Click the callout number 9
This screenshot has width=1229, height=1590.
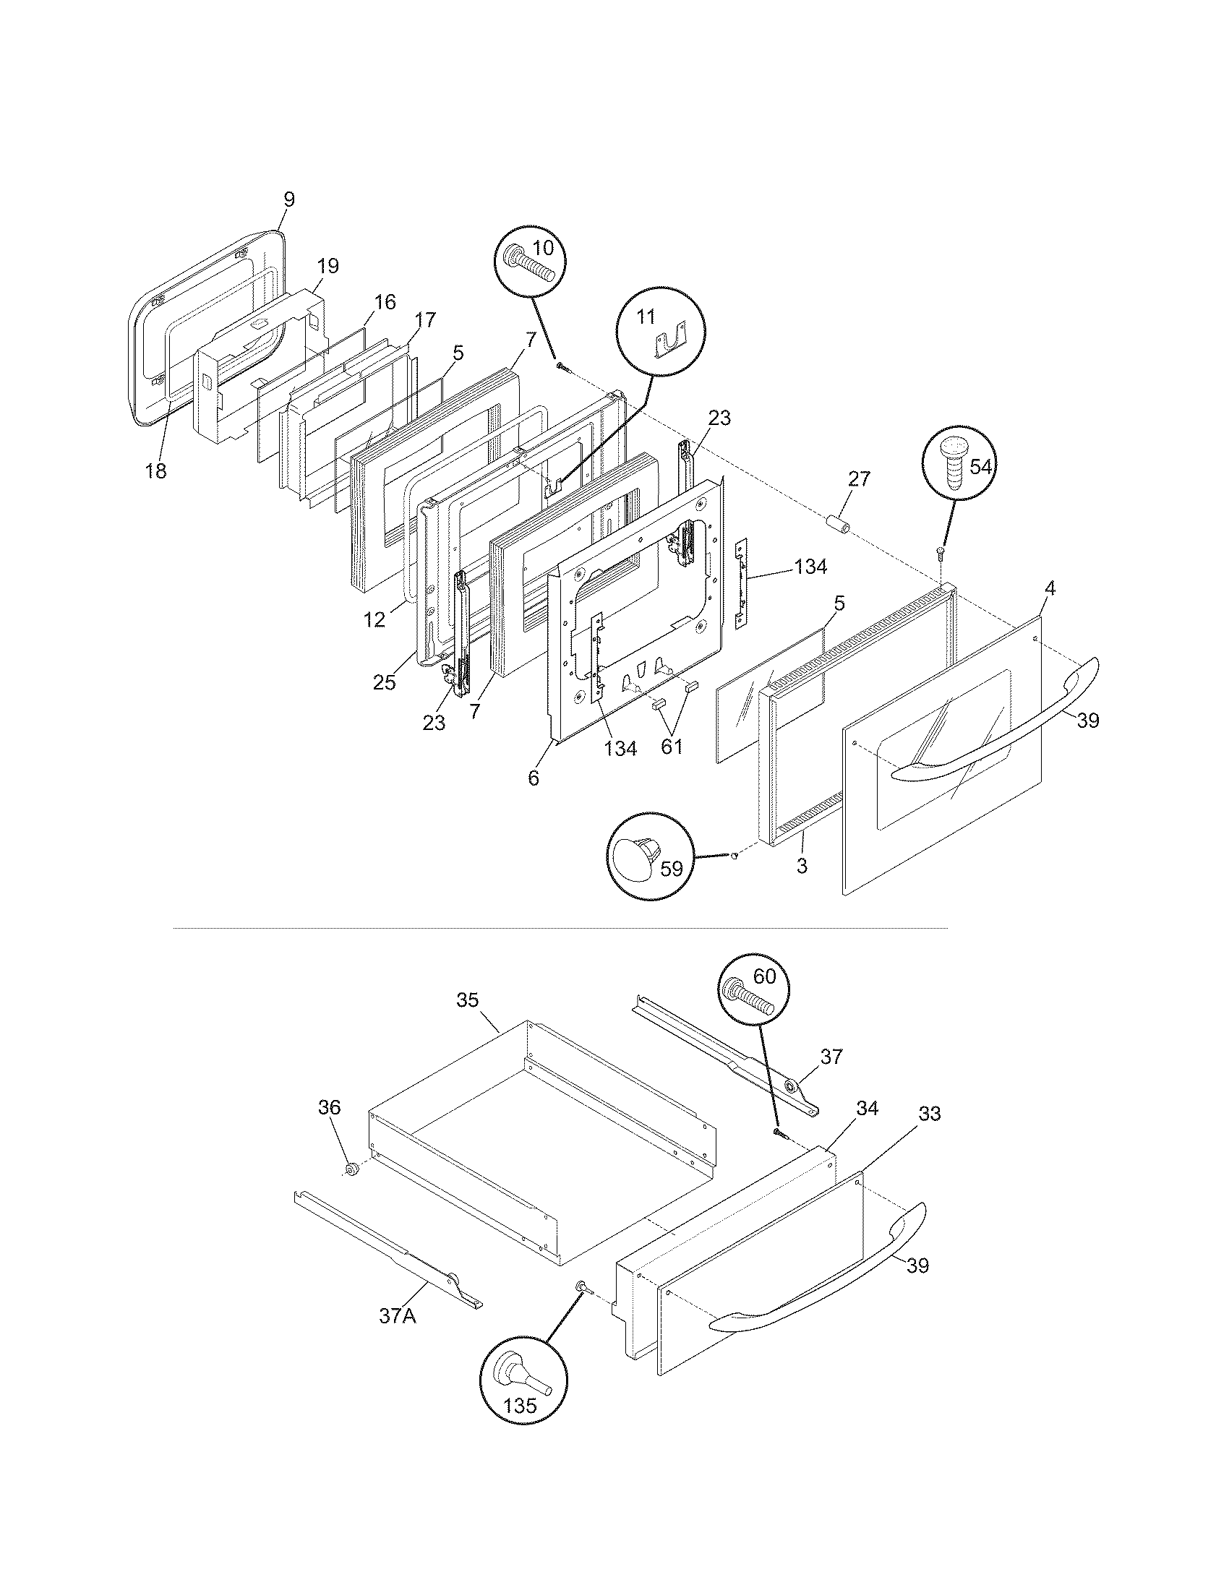[289, 199]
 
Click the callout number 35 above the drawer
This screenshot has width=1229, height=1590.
[468, 1000]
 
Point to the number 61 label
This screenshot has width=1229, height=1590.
[672, 747]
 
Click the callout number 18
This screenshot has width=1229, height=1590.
[155, 471]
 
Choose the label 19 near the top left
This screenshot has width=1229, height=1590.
[327, 266]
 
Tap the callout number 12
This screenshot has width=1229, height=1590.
[374, 621]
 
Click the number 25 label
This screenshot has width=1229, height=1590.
[385, 682]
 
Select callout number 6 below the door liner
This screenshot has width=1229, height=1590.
[534, 778]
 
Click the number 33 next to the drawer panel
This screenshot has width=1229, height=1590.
[930, 1113]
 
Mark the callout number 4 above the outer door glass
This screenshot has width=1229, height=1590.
[1048, 588]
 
